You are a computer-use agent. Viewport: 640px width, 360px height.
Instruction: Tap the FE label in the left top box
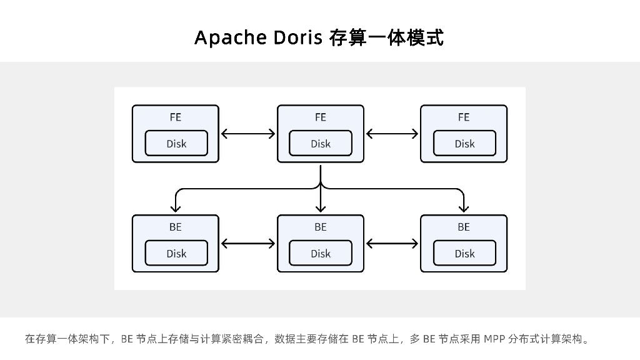[176, 117]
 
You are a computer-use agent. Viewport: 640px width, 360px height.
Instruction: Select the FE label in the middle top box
[320, 117]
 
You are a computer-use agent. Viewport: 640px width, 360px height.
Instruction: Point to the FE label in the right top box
[464, 117]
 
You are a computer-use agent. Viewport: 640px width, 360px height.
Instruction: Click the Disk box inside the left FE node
[176, 144]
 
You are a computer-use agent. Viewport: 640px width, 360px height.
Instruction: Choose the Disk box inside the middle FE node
[321, 144]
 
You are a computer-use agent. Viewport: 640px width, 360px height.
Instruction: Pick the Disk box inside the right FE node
[464, 144]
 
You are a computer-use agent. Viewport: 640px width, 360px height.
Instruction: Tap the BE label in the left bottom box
[176, 227]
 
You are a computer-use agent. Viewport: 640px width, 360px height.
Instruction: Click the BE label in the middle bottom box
[320, 227]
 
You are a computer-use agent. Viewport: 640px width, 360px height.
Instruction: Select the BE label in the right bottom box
[464, 227]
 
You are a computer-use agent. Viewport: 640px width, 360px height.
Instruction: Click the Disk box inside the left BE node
[176, 254]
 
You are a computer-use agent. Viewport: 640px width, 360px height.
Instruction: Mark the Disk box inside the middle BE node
[321, 254]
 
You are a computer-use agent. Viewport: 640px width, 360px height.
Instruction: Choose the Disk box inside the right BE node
[464, 254]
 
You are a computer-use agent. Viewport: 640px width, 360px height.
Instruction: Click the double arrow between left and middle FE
[248, 133]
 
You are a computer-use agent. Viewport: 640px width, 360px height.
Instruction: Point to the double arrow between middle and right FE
[392, 133]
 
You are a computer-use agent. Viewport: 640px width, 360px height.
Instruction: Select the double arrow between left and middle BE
[248, 243]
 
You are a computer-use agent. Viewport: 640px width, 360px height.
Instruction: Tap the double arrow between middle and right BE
[392, 243]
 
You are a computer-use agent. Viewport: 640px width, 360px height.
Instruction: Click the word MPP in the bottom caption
[493, 339]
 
